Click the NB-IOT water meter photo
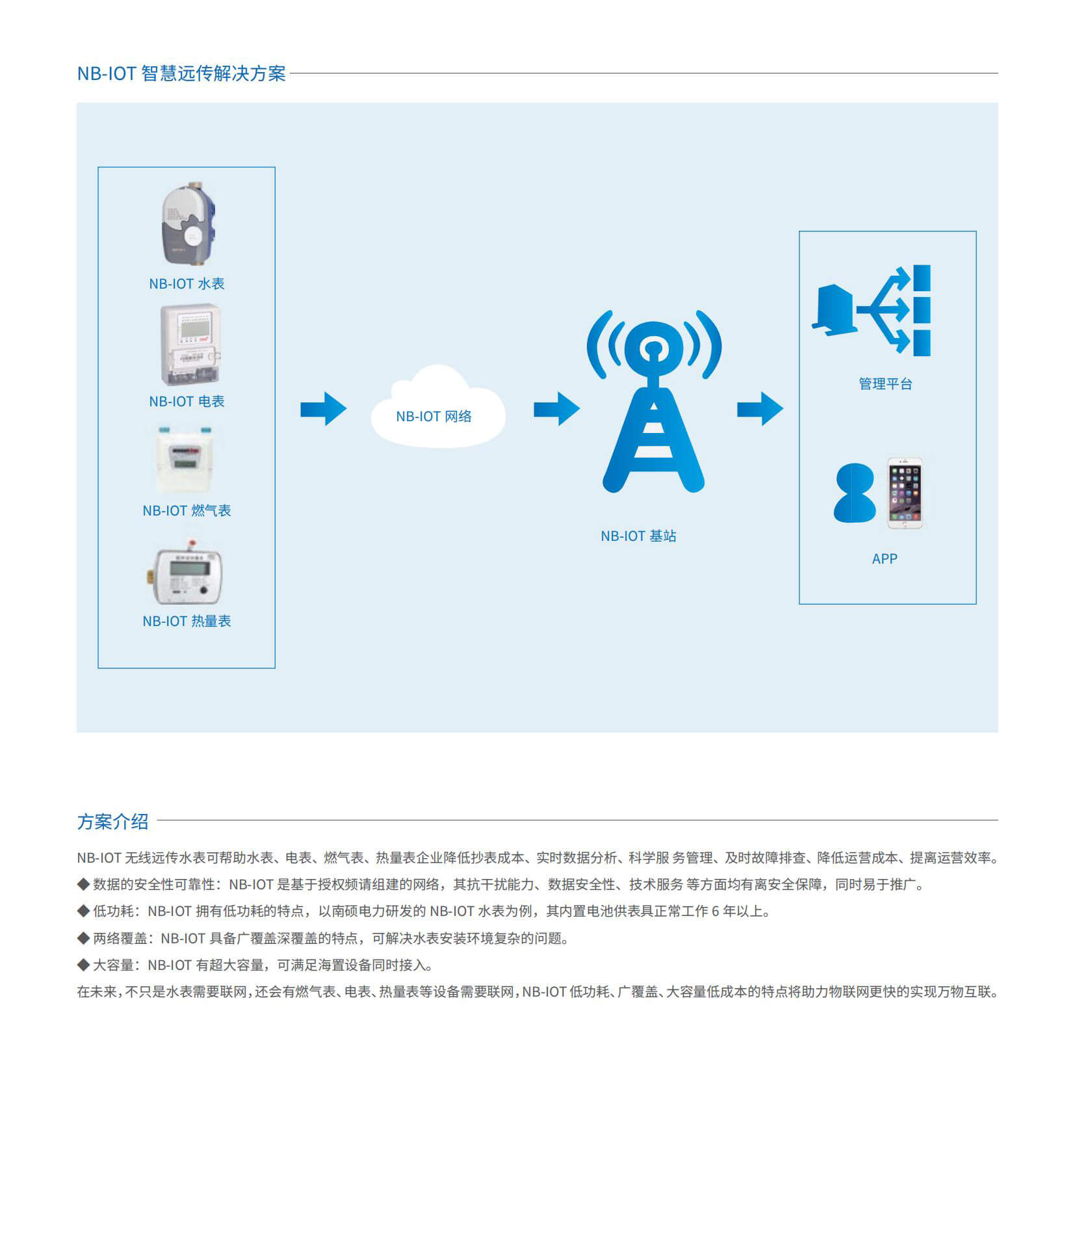tap(188, 224)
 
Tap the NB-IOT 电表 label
tap(187, 401)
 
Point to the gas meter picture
tap(186, 460)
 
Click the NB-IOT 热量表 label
tap(187, 621)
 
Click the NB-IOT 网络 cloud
tap(438, 407)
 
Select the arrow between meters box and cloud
tap(324, 409)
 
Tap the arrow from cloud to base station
tap(557, 409)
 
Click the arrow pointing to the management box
tap(760, 409)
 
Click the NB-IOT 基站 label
tap(638, 536)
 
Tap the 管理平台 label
tap(885, 384)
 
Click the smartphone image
tap(905, 493)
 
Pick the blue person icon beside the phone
tap(855, 493)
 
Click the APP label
tap(885, 558)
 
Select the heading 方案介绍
tap(113, 821)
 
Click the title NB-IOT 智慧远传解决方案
tap(181, 73)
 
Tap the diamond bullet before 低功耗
tap(83, 910)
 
